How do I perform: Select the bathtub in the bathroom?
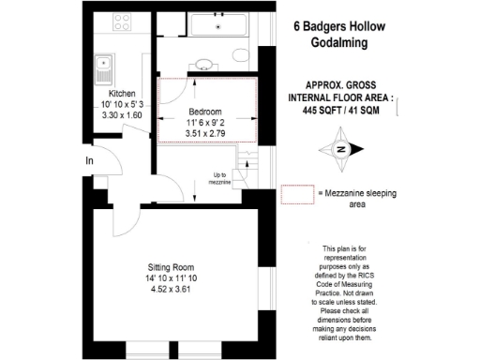218,25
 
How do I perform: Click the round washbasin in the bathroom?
203,65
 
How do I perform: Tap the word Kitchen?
123,93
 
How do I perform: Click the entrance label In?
89,161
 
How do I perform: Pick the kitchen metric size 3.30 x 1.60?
123,115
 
